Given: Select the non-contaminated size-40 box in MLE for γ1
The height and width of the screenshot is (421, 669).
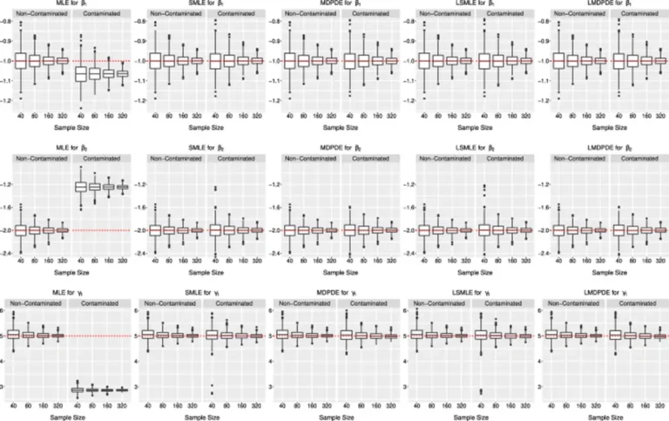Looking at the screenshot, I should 35,335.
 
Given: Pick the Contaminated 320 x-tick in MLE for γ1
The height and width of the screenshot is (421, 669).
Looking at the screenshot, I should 123,405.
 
